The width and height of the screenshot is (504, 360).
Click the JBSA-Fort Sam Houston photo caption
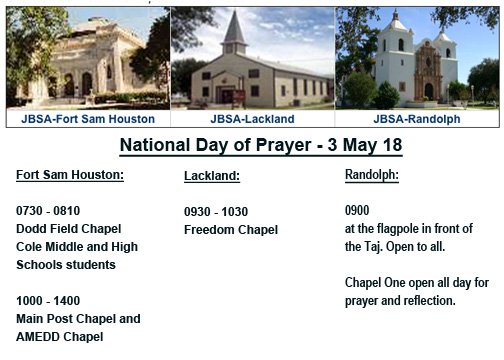[x=87, y=118]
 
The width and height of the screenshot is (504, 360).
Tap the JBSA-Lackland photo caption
[x=252, y=118]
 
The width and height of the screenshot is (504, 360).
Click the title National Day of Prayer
[x=260, y=146]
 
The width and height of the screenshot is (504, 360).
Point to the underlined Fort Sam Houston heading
[x=70, y=175]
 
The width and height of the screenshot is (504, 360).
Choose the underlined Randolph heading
[x=371, y=175]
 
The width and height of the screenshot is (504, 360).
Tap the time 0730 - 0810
[x=48, y=211]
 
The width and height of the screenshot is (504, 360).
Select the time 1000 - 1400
[x=48, y=301]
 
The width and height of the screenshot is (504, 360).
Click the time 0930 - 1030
[x=216, y=212]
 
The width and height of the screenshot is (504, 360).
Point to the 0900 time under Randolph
[x=357, y=211]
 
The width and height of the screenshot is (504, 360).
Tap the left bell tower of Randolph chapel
[x=397, y=35]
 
